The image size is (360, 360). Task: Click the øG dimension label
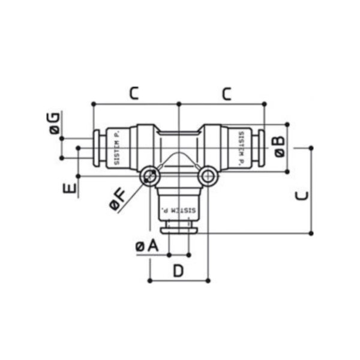point(55,123)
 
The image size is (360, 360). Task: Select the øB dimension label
point(280,147)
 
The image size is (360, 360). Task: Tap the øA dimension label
point(147,247)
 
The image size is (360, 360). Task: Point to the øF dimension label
point(118,200)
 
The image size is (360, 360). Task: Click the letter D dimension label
point(178,271)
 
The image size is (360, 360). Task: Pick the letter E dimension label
point(70,188)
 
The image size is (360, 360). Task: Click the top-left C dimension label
point(134,93)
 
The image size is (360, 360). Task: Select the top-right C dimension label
point(227,94)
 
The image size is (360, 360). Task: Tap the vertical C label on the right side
point(302,196)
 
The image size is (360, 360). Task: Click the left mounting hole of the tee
point(150,176)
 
